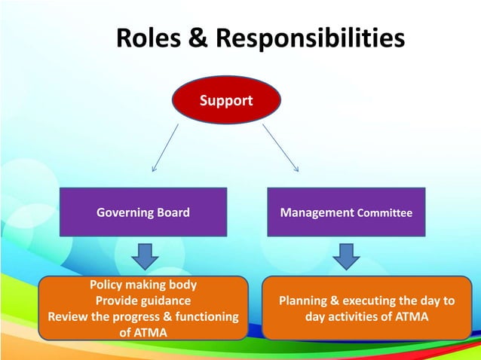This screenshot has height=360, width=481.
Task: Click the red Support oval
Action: [227, 100]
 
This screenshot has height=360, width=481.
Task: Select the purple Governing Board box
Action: [142, 213]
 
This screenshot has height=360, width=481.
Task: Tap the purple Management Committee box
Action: [346, 213]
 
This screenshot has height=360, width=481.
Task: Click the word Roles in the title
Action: [149, 38]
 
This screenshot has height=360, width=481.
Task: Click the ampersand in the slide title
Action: [198, 38]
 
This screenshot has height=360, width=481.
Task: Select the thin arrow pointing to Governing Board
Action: [166, 147]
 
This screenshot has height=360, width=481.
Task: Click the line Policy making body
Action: [143, 285]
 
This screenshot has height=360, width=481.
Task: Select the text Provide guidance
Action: [143, 301]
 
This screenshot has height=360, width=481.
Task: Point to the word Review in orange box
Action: [66, 316]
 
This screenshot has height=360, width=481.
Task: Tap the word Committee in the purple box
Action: [384, 214]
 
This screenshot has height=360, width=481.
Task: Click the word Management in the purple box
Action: [317, 213]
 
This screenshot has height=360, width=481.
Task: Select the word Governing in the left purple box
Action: [124, 213]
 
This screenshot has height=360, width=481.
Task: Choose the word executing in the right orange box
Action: [372, 301]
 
